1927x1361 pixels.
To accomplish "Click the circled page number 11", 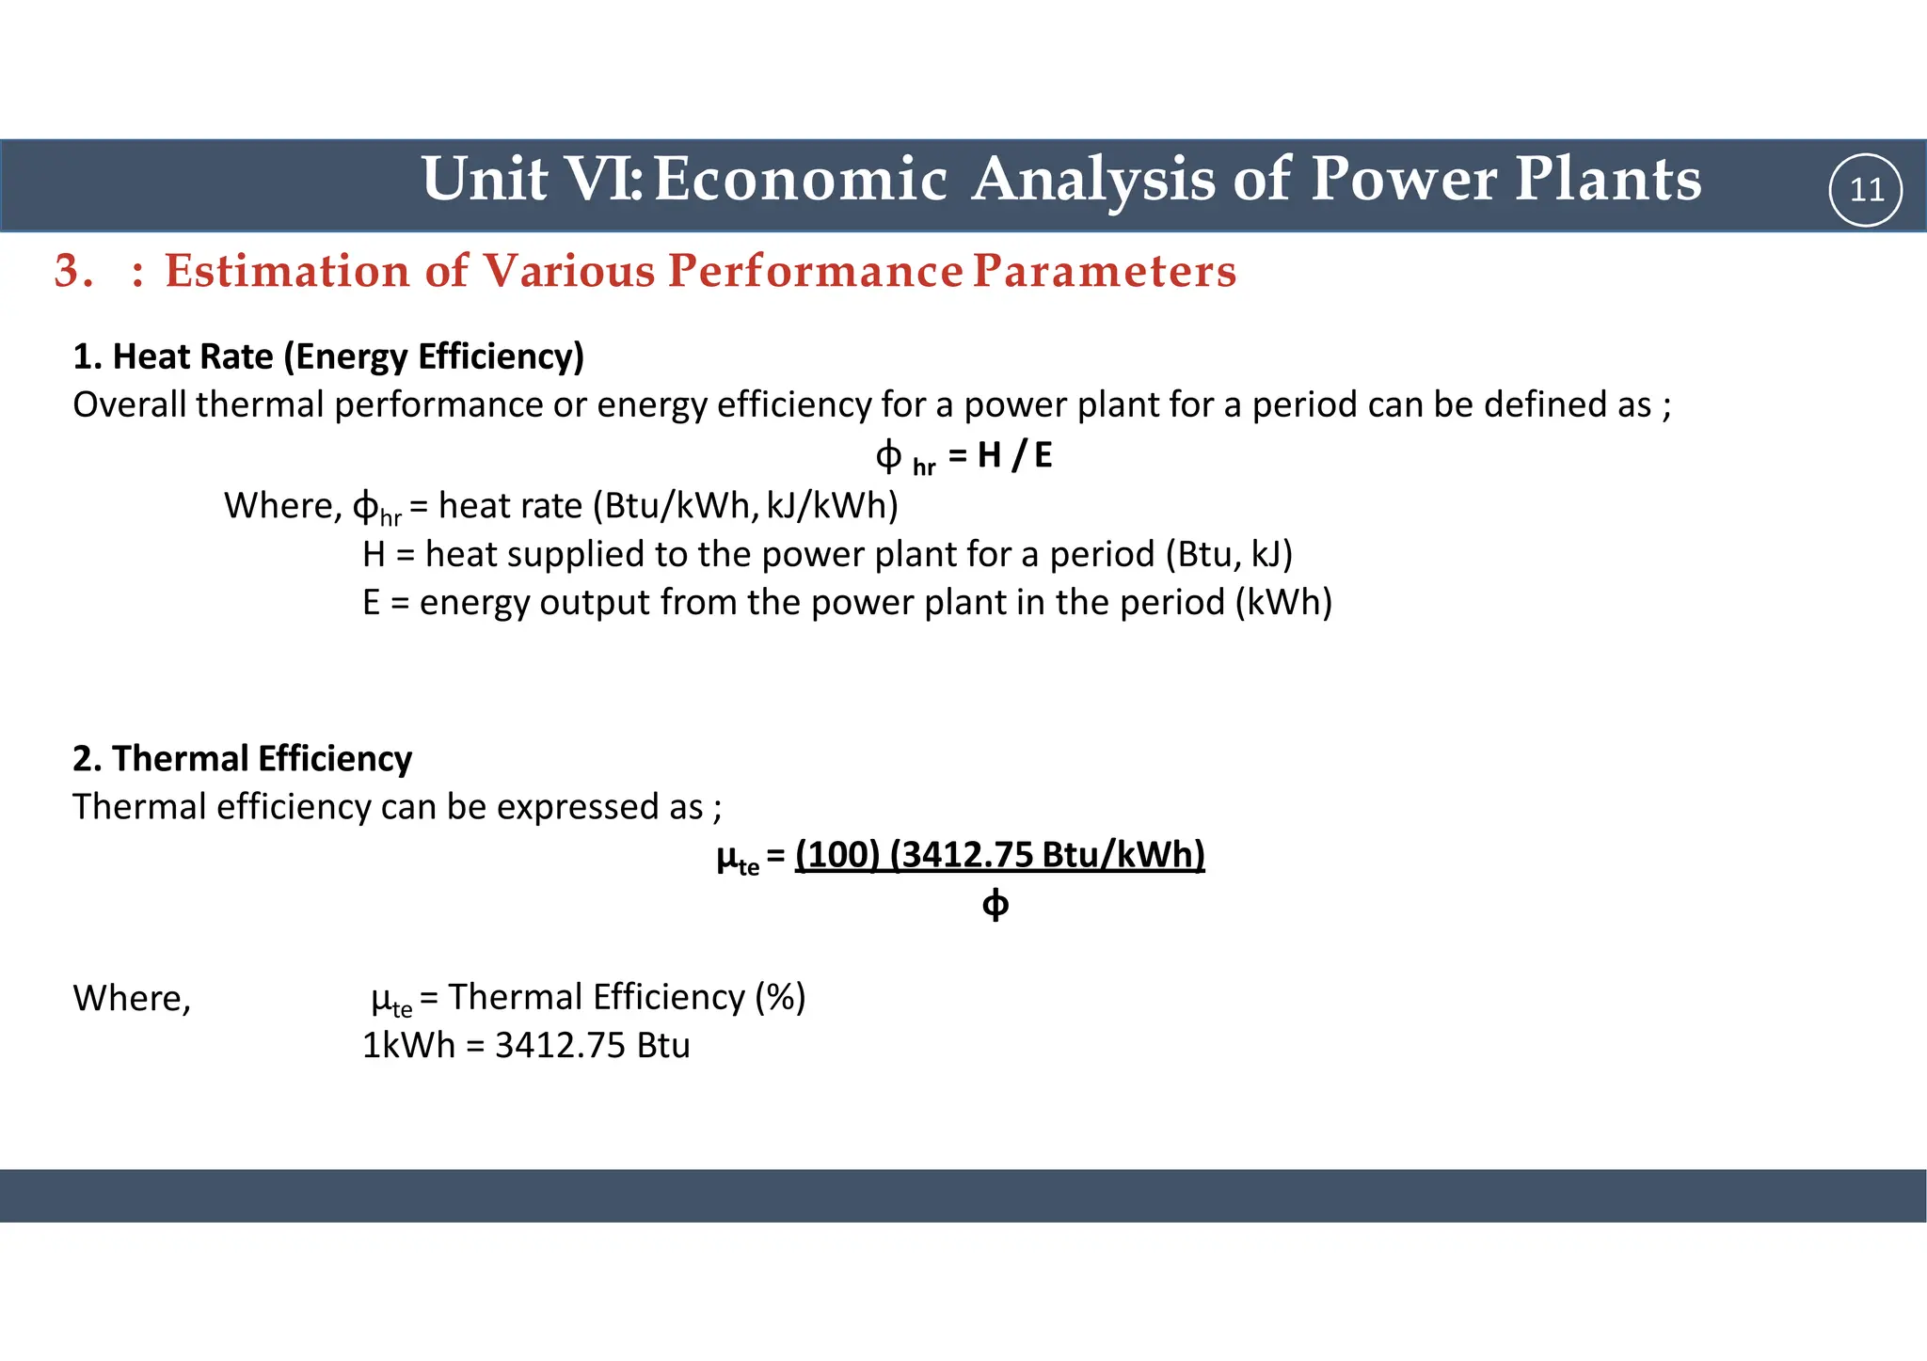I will [1865, 190].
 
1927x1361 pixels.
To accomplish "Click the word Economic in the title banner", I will [800, 179].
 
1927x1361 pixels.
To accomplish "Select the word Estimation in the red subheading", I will [287, 271].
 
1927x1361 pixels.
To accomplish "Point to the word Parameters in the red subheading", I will [1104, 271].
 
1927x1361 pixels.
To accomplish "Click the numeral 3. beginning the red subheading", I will [73, 271].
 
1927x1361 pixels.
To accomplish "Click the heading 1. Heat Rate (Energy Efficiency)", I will [328, 356].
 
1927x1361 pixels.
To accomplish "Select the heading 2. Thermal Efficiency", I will [242, 758].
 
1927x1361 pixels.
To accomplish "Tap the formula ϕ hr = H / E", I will [963, 456].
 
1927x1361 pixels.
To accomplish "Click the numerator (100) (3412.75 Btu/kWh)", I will [999, 854].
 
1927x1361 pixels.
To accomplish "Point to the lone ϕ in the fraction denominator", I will [995, 905].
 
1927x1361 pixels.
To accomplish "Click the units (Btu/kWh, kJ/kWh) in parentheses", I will [745, 506].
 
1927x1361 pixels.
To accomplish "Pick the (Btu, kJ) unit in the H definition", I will [1229, 554].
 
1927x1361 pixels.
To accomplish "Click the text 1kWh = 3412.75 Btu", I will [526, 1046].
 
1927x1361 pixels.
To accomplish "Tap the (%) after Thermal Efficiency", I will [780, 997].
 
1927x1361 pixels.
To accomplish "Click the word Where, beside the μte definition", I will [132, 998].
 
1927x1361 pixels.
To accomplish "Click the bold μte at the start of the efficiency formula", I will [737, 858].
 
